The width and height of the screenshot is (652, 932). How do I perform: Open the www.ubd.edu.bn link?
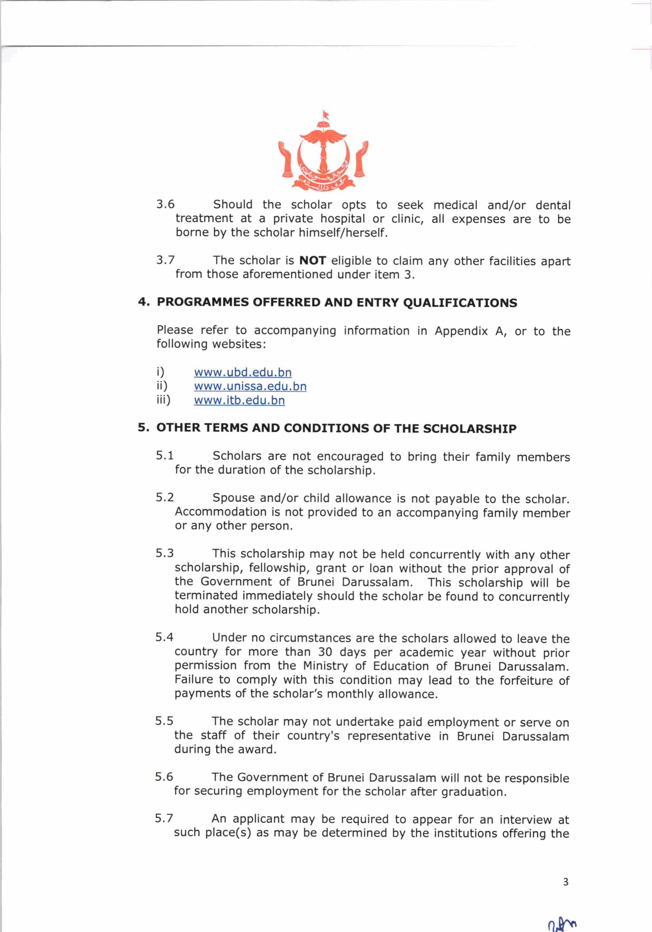pos(243,372)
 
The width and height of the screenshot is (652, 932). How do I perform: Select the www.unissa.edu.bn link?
pos(250,386)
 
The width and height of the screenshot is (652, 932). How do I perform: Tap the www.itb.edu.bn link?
pos(239,400)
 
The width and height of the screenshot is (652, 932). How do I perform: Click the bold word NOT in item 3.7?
pos(313,261)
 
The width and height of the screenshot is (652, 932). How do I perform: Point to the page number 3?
pos(566,882)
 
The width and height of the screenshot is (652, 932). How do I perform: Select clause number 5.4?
pos(164,637)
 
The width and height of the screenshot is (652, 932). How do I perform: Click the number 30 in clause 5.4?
pos(325,652)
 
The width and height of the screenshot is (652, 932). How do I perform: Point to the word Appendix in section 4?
pos(461,331)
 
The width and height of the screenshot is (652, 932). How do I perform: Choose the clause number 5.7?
pos(164,818)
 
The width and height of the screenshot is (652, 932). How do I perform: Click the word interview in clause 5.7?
pos(525,819)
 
